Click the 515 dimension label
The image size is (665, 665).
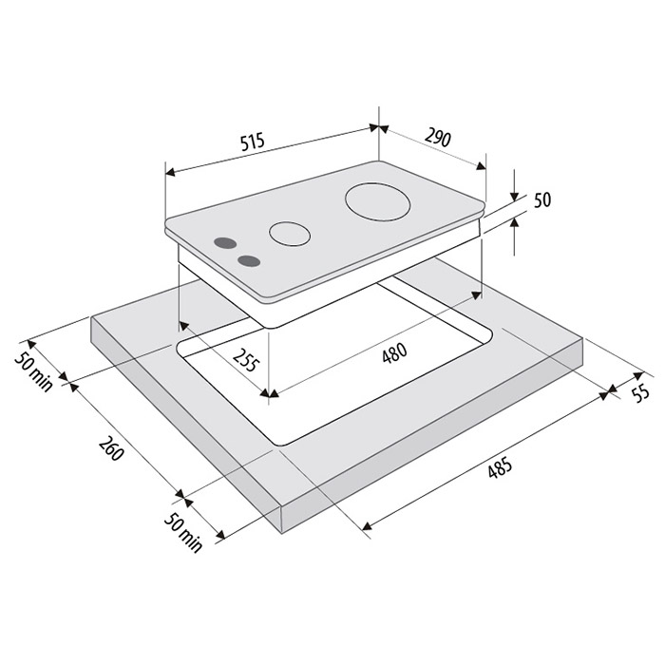[253, 142]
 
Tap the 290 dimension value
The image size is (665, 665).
[438, 137]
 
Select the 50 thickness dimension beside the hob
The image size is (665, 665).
[542, 199]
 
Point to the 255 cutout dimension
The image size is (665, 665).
[246, 360]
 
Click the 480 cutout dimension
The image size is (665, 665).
[394, 352]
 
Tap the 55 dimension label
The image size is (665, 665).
[641, 392]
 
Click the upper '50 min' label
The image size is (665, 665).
[34, 372]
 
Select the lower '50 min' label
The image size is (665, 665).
[183, 533]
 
